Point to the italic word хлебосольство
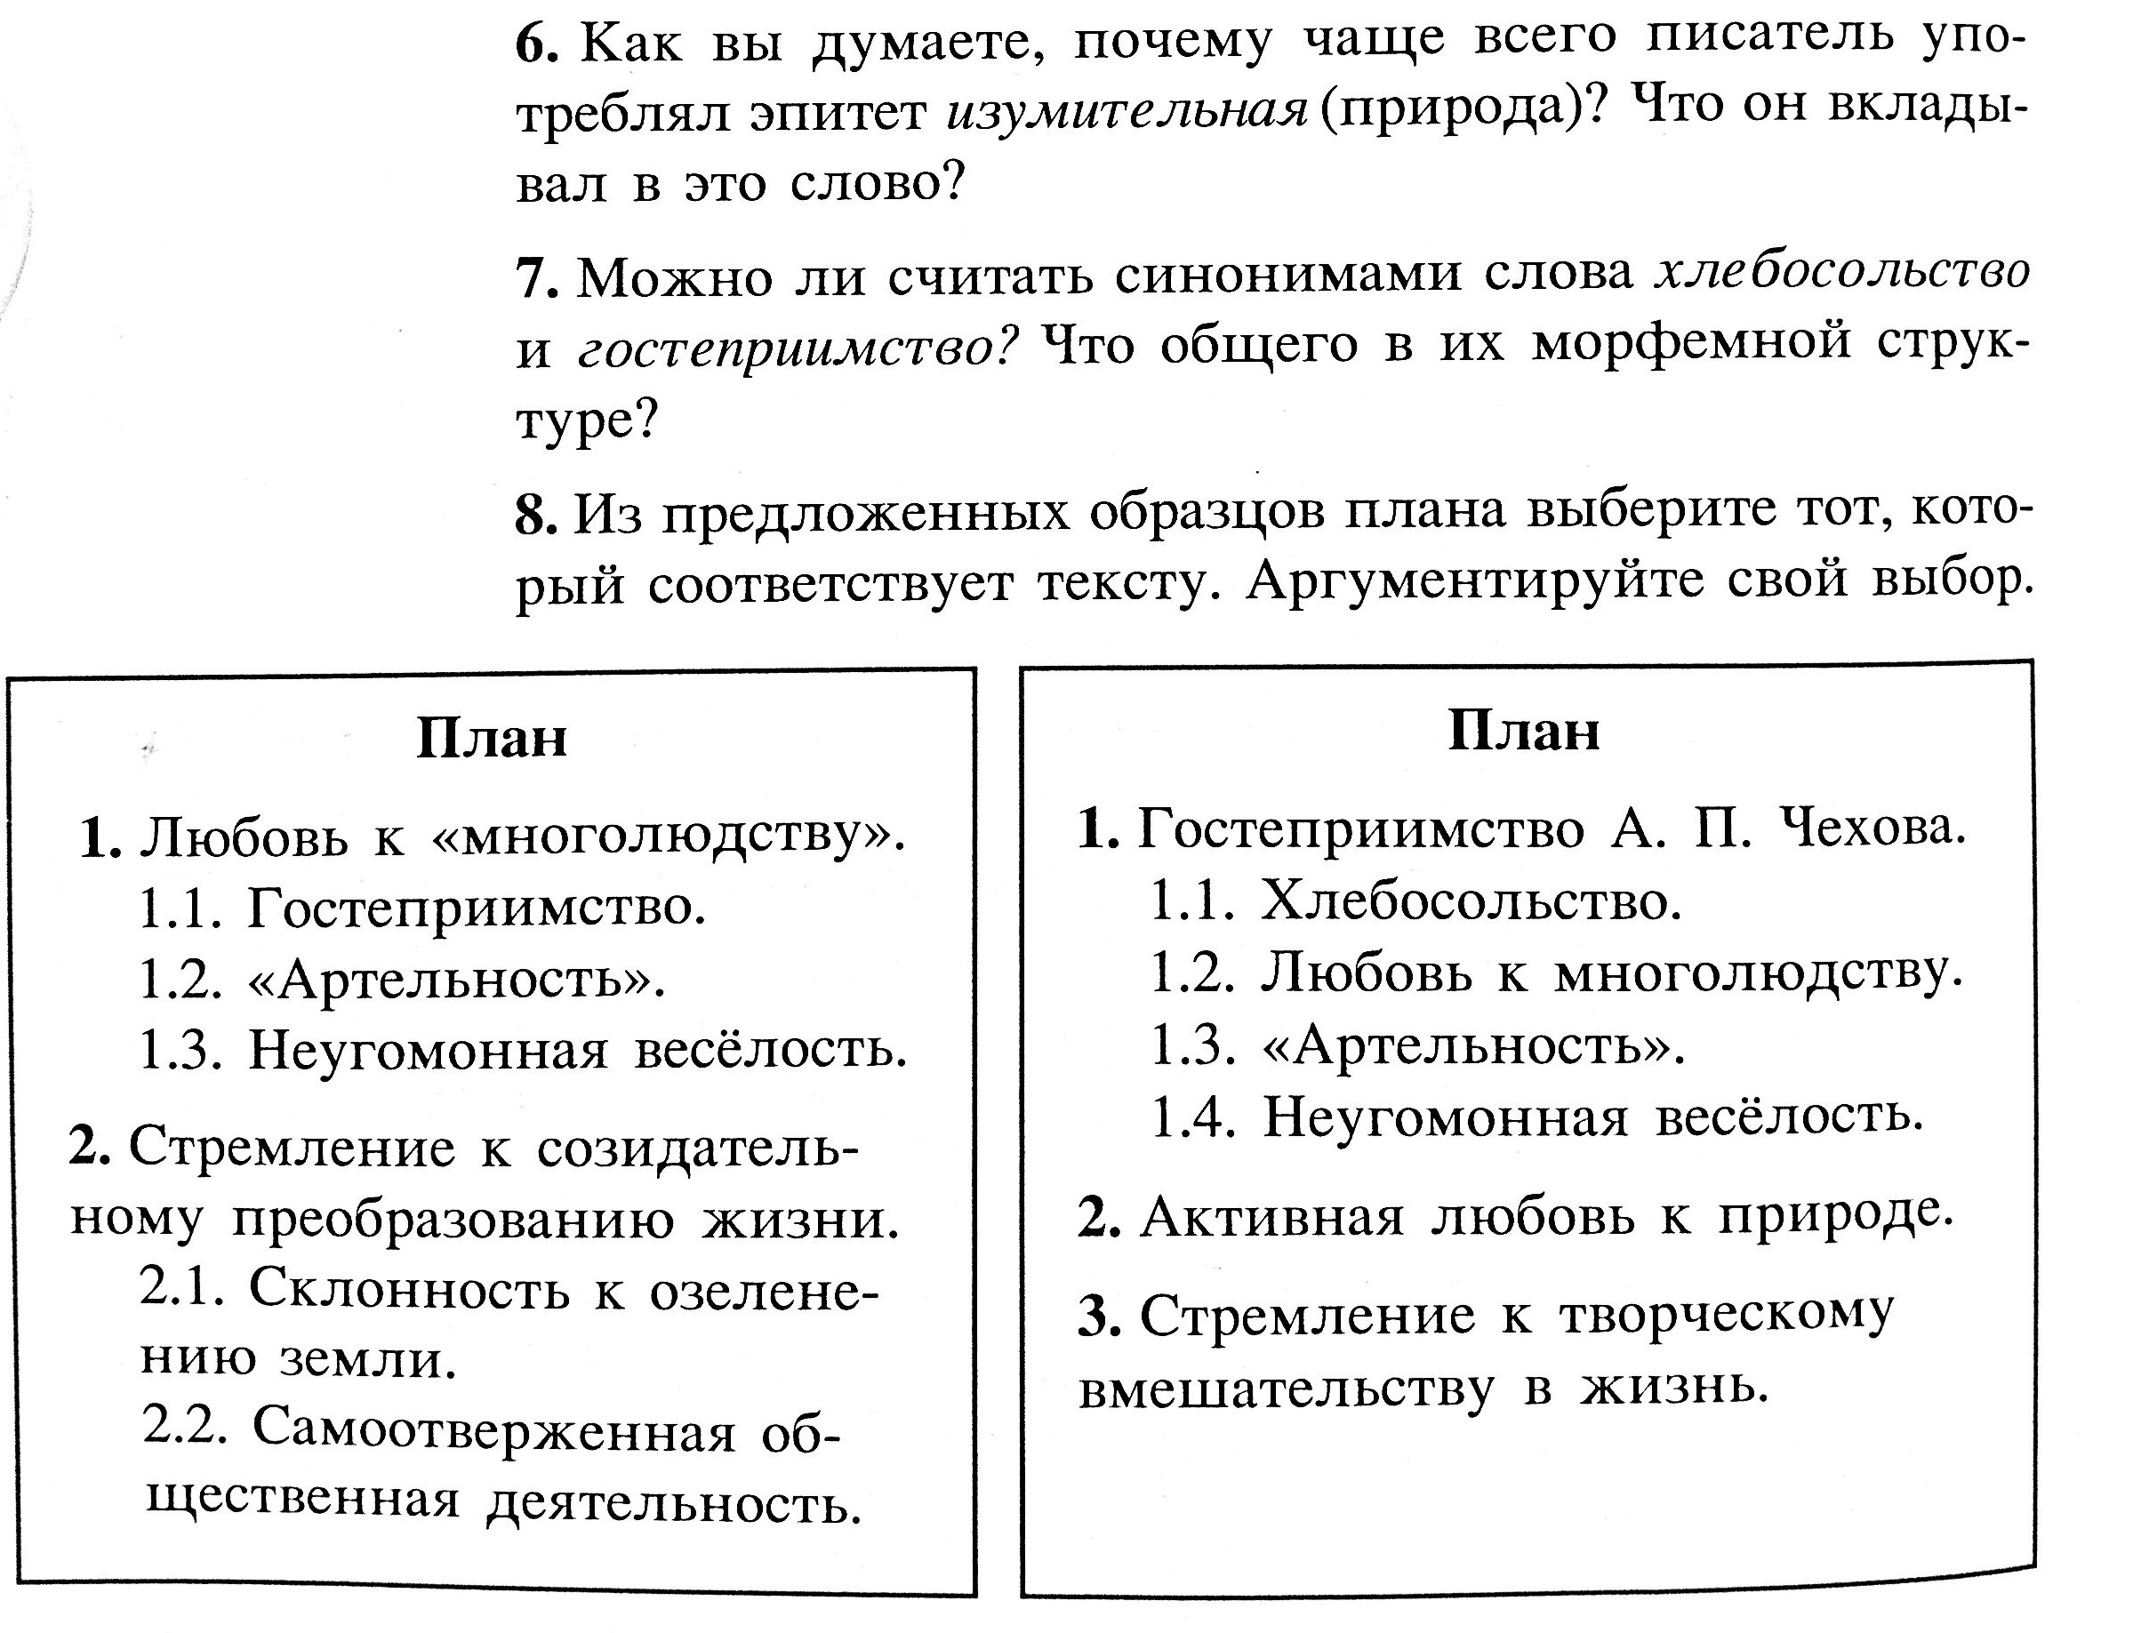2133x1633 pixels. pyautogui.click(x=1842, y=272)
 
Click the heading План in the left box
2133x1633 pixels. pyautogui.click(x=491, y=739)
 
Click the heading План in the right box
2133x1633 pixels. pyautogui.click(x=1523, y=731)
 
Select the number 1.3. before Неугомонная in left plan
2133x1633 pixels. pyautogui.click(x=181, y=1050)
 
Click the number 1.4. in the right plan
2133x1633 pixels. pyautogui.click(x=1193, y=1117)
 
